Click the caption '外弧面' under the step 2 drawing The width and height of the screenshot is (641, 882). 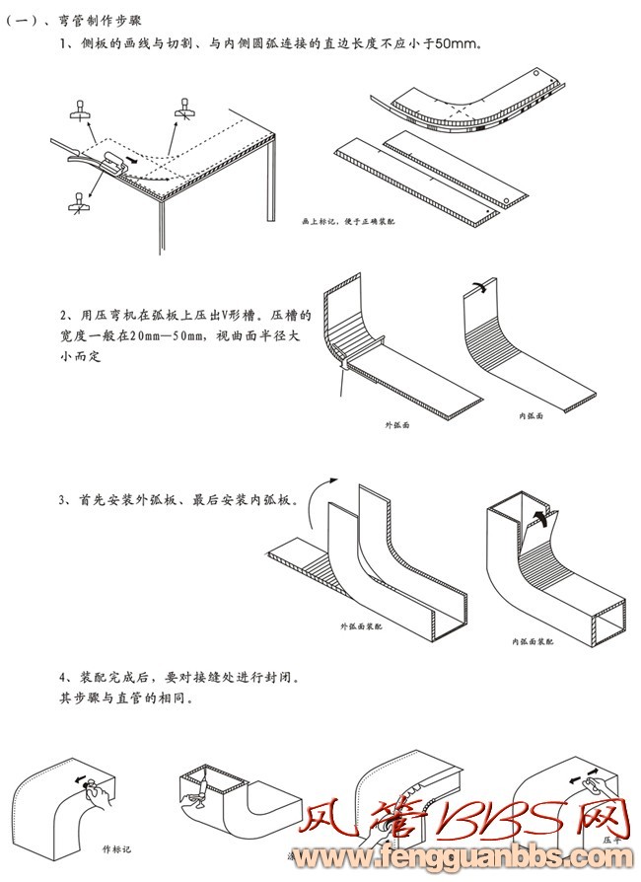click(396, 424)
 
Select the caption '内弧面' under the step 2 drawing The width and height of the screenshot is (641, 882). click(533, 416)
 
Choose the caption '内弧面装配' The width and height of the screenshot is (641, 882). click(533, 641)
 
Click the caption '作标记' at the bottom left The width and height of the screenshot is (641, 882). click(116, 847)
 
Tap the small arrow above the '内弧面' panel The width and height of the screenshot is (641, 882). click(476, 286)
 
